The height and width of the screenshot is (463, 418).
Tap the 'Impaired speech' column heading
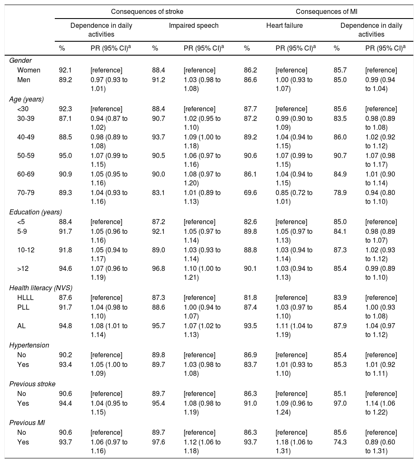pyautogui.click(x=194, y=26)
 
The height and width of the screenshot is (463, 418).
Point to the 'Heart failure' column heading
pyautogui.click(x=284, y=26)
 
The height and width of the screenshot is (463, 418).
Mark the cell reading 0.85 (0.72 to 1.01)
pyautogui.click(x=294, y=196)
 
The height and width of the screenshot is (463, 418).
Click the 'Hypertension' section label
pyautogui.click(x=29, y=345)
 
